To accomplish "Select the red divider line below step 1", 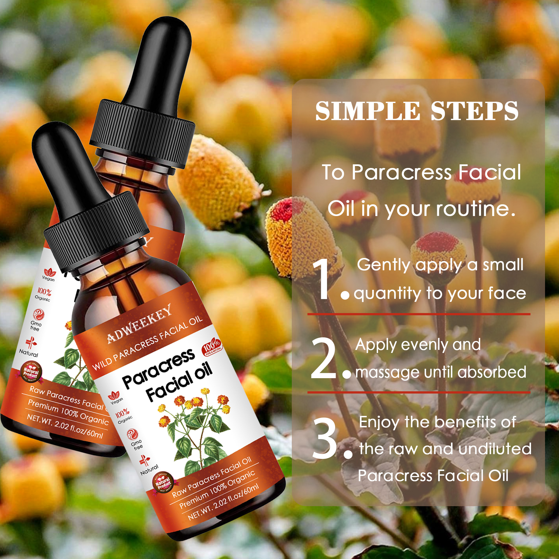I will tap(419, 314).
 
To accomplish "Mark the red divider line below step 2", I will tap(419, 392).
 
